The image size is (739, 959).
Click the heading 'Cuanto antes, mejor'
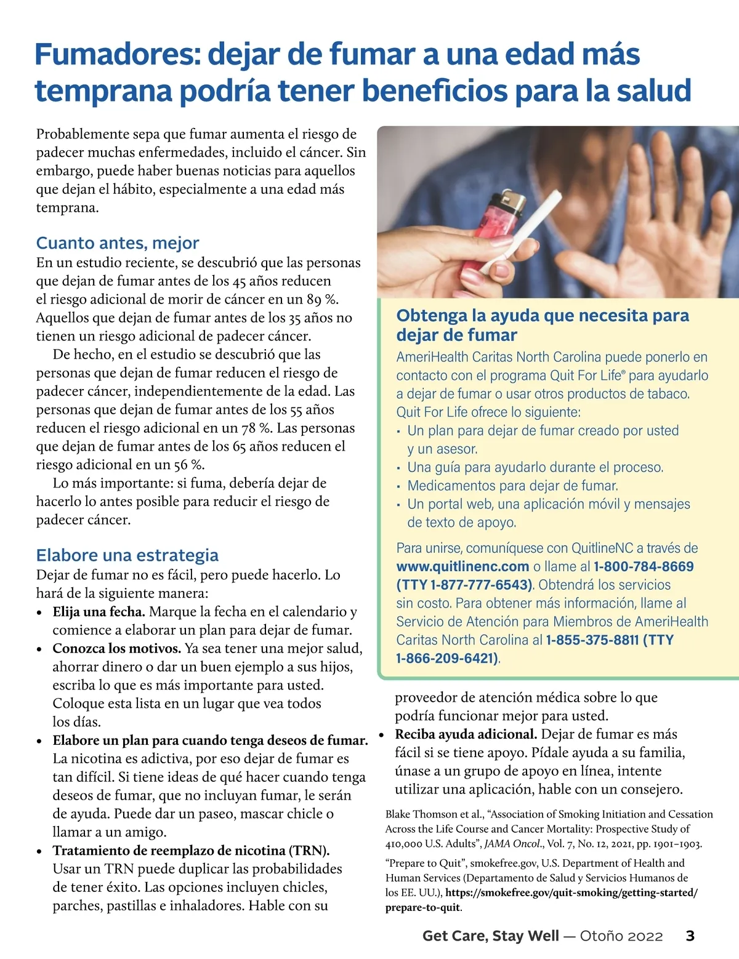tap(118, 243)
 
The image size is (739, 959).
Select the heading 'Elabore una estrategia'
tap(127, 555)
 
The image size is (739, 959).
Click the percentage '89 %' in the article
tap(323, 300)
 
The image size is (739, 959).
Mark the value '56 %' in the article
tap(189, 465)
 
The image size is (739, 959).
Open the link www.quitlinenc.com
tap(462, 567)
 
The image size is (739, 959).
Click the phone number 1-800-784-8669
tap(644, 567)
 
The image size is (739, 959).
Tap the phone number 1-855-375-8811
tap(592, 640)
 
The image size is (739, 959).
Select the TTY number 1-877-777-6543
tap(480, 585)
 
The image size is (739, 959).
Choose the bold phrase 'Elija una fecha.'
tap(99, 612)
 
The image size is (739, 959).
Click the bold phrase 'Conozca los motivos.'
tap(117, 649)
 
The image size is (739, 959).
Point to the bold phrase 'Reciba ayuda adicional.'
tap(466, 734)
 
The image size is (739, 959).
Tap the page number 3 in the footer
tap(690, 936)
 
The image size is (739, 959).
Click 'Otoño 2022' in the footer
tap(621, 936)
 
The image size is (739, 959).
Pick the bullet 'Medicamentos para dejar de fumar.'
tap(512, 486)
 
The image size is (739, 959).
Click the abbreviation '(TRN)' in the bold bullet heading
tap(309, 851)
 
